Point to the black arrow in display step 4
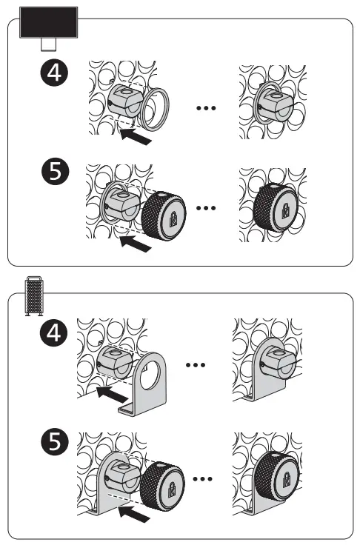pos(136,136)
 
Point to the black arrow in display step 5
pos(136,241)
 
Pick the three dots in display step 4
pos(205,107)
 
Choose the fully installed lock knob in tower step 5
pos(278,478)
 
